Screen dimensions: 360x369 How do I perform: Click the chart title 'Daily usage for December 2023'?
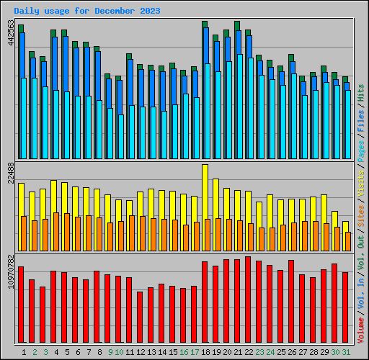pos(87,12)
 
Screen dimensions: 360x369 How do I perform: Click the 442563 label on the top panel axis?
pos(10,32)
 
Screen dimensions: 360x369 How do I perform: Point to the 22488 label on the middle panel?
pos(10,174)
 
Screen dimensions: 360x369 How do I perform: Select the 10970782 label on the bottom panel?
pos(10,271)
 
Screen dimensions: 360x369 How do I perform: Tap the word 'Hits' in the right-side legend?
pos(360,91)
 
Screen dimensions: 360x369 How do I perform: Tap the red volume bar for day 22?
pos(248,299)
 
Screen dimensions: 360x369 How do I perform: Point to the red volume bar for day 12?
pos(140,317)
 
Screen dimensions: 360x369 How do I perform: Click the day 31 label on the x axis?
pos(346,352)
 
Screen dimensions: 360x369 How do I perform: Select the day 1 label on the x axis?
pos(25,352)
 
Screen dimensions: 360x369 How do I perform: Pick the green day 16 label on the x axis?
pos(184,352)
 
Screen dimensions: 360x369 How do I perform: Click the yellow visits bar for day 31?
pos(345,226)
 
